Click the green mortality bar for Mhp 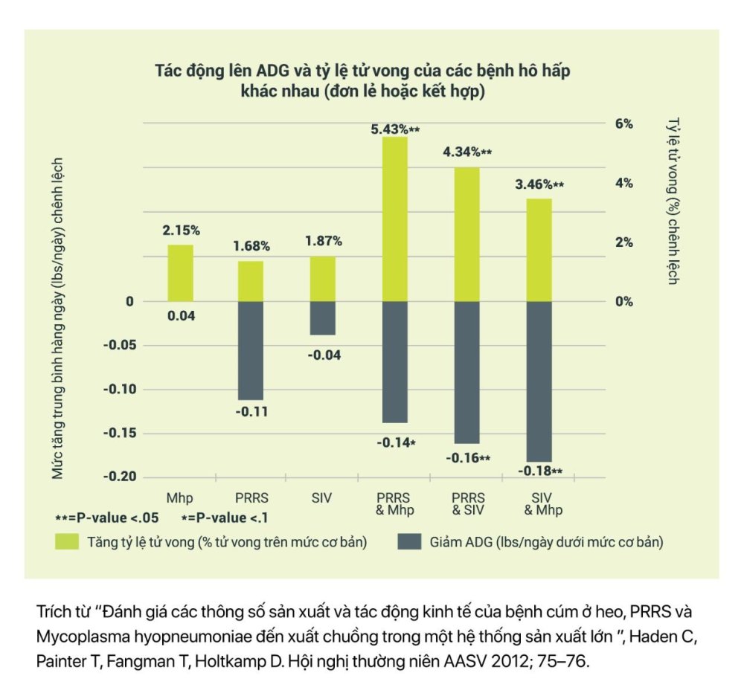(180, 273)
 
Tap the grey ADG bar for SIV (323, 318)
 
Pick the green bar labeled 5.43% (395, 219)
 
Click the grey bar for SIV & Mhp (539, 381)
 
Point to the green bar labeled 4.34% (466, 234)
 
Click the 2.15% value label (180, 231)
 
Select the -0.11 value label (251, 411)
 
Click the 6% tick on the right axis (623, 124)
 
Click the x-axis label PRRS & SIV (467, 503)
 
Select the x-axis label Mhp (180, 497)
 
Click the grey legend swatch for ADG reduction (411, 542)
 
